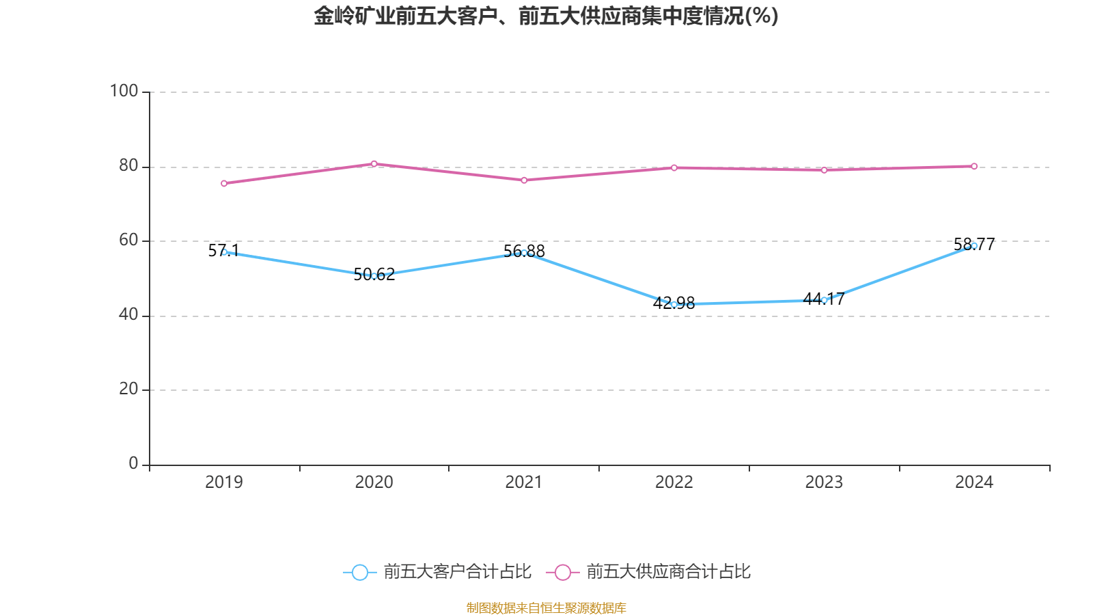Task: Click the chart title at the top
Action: point(546,16)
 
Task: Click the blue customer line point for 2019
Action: point(224,252)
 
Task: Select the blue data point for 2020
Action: point(374,276)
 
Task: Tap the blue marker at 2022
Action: point(674,305)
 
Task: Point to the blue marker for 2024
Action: point(974,245)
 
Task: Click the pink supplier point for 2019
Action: point(224,183)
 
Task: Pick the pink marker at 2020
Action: point(374,163)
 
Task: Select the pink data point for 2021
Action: point(524,180)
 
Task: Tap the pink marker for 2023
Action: point(824,170)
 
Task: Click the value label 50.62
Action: point(374,275)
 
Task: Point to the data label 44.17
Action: point(824,299)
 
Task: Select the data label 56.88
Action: point(524,251)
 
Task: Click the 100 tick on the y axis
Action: point(124,91)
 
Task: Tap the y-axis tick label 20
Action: point(128,389)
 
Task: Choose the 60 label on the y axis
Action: point(128,240)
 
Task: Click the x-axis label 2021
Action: point(524,482)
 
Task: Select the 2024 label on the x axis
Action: point(974,482)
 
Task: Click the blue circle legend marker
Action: point(359,573)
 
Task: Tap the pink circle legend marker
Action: point(562,573)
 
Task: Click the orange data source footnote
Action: point(546,607)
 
